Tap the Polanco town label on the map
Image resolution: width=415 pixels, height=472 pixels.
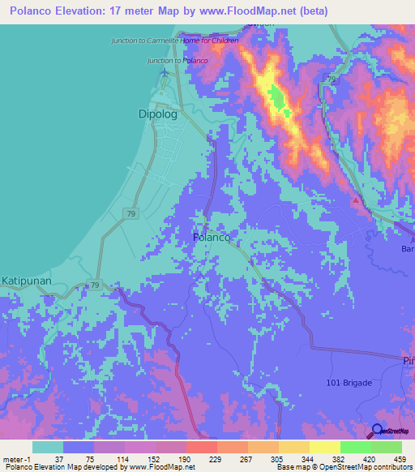213,237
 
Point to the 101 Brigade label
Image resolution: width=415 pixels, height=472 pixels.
348,383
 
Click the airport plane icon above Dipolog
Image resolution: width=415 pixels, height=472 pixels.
165,72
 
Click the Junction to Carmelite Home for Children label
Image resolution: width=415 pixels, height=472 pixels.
175,40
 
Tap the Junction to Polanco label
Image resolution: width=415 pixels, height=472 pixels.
178,61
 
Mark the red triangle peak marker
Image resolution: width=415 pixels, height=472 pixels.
356,200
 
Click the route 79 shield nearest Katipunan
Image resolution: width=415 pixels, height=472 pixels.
95,285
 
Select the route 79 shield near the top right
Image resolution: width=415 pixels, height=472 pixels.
332,79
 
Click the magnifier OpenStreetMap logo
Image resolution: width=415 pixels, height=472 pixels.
377,431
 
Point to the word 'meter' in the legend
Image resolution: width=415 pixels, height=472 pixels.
15,458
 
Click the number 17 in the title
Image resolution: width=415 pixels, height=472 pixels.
118,12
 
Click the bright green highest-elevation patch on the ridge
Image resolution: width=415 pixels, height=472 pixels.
277,101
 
